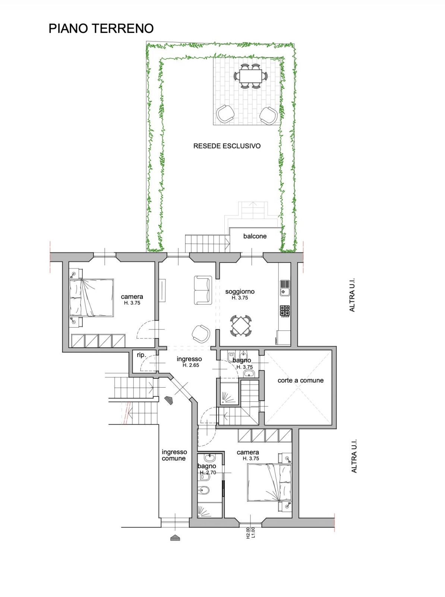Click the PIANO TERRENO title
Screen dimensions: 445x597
tap(101, 29)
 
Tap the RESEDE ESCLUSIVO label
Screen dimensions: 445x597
tap(227, 146)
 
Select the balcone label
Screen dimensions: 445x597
tap(255, 236)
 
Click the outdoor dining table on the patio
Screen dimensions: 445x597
tap(251, 76)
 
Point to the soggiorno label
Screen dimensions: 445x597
tap(240, 291)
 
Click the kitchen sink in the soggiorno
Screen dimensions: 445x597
tap(285, 288)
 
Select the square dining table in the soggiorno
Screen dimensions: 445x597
tap(240, 326)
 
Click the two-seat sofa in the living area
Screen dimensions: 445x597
tap(203, 290)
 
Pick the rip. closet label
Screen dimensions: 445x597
tap(141, 355)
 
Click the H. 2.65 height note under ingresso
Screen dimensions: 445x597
tap(191, 365)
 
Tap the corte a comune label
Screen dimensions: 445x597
tap(300, 380)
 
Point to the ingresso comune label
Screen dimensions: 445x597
tap(174, 455)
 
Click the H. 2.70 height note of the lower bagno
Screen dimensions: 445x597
tap(208, 472)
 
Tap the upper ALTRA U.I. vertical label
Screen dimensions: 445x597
tap(352, 295)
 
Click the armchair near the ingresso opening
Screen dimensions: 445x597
tap(201, 334)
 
